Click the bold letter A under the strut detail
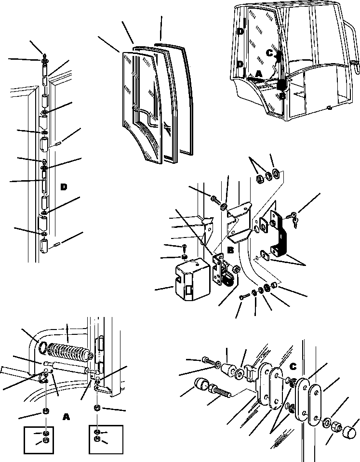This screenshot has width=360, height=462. click(67, 417)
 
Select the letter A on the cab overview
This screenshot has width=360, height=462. click(258, 74)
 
